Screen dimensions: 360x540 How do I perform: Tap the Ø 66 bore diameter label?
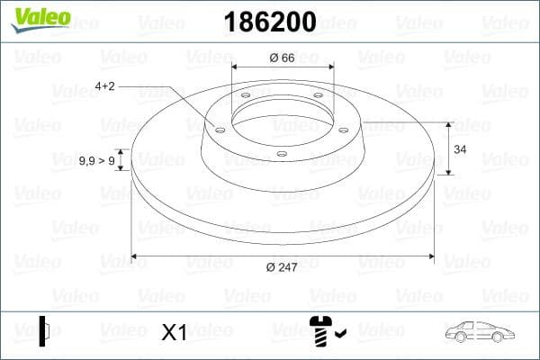click(283, 58)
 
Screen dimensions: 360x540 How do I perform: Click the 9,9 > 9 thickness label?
click(96, 160)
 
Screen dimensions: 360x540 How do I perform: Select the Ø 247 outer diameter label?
click(283, 266)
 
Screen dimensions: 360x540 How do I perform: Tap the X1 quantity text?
click(173, 333)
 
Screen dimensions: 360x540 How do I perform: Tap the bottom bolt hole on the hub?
click(282, 154)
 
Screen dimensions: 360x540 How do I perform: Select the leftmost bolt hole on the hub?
click(220, 128)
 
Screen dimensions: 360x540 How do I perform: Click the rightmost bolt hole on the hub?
click(345, 128)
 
